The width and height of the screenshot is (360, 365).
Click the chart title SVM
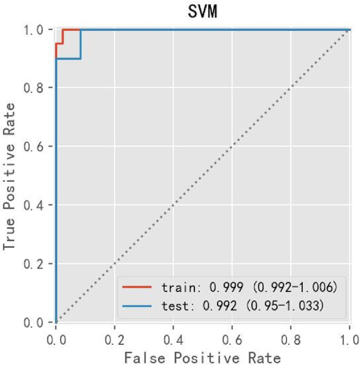pos(202,11)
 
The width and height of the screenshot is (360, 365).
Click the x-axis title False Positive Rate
pos(202,357)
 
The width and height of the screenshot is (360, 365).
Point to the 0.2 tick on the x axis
pos(114,336)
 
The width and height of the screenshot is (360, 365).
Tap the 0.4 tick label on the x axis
pos(173,336)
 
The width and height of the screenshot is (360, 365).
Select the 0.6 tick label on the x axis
pos(231,336)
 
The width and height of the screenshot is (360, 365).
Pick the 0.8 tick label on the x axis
pos(290,336)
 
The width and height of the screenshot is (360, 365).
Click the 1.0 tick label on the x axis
pos(348,336)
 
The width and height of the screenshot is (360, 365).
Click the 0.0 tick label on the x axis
pos(56,336)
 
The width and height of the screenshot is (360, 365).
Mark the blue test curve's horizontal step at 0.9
pos(68,58)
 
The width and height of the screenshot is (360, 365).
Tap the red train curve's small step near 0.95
pos(59,43)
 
